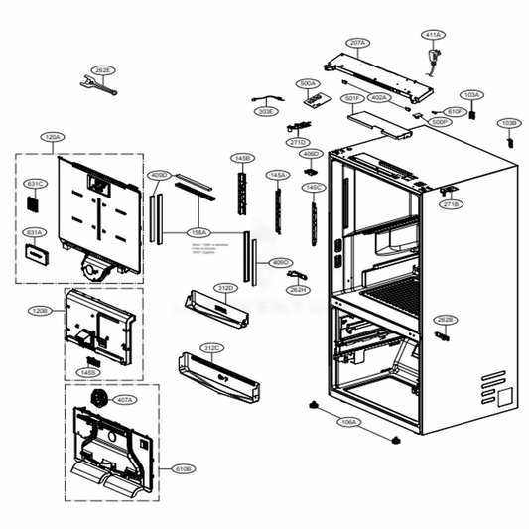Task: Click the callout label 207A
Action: coord(358,43)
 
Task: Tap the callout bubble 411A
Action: coord(432,35)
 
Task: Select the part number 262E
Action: coord(102,71)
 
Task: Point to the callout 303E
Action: coord(266,112)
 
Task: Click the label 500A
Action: coord(308,84)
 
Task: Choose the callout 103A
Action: coord(472,95)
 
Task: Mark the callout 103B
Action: coord(508,124)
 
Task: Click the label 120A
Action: coord(52,136)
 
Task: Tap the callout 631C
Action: coord(34,184)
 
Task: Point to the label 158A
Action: coord(198,232)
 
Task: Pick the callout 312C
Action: coord(211,348)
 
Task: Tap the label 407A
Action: coord(124,400)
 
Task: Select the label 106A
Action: coord(349,422)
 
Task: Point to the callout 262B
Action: coord(445,319)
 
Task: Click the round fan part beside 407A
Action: coord(97,398)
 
